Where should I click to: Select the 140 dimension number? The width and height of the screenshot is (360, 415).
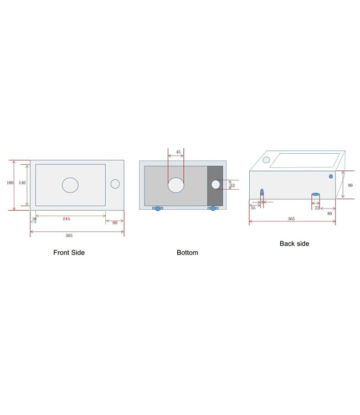coord(22,182)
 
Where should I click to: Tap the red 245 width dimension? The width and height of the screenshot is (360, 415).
coord(66,219)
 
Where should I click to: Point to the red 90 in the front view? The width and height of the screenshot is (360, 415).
coord(115,222)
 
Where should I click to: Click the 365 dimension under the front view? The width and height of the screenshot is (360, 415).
coord(69,236)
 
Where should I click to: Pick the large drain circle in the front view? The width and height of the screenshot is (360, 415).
coord(70,185)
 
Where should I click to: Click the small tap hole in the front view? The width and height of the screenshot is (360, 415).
coord(115,184)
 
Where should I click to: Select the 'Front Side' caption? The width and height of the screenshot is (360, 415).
coord(69,252)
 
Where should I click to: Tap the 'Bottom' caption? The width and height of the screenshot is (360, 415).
coord(187,252)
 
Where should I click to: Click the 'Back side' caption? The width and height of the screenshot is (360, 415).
coord(295,243)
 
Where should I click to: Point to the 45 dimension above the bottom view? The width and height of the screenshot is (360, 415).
coord(178,152)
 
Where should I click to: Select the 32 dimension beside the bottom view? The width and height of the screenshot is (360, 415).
coord(232,185)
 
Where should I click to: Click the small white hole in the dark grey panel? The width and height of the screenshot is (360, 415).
coord(216,184)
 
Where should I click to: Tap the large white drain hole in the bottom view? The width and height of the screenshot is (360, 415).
coord(176,185)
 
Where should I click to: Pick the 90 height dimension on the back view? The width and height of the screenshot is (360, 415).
coord(350,185)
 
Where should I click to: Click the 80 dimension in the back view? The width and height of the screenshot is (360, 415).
coord(330,213)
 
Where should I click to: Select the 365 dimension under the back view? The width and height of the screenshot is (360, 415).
coord(291,219)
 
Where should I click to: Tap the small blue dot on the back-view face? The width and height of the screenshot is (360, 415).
coord(331,177)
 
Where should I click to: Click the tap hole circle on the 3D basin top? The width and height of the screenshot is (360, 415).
coord(266,159)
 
